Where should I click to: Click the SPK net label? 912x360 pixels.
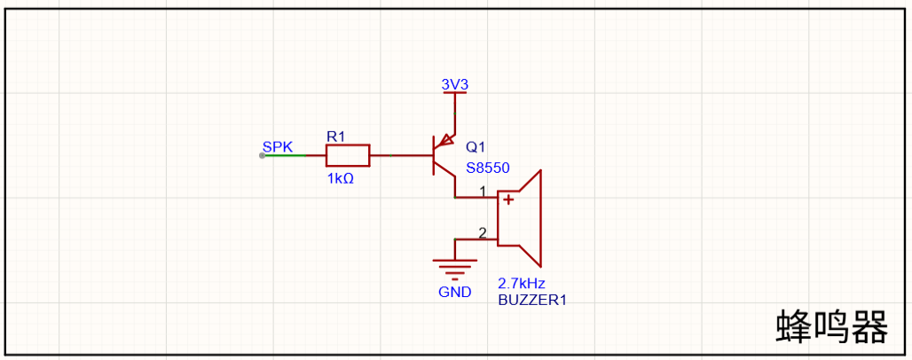click(278, 146)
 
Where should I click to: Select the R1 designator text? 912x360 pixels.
click(335, 137)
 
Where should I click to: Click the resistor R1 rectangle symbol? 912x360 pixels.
click(347, 155)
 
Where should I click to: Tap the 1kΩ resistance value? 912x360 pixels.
click(341, 178)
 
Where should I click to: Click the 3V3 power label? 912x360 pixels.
click(455, 84)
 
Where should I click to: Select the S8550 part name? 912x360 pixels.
click(487, 168)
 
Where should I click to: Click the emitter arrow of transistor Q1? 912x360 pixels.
click(446, 140)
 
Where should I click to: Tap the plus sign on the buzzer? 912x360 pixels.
click(508, 200)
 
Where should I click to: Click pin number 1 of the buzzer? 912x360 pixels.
click(483, 191)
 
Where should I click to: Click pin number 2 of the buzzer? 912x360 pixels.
click(483, 233)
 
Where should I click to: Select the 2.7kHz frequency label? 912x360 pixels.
click(521, 284)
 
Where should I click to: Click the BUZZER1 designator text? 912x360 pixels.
click(532, 300)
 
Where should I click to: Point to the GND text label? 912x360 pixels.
click(455, 292)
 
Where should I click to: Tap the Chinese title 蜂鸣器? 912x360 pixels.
click(832, 327)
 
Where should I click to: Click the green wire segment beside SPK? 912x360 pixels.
click(283, 155)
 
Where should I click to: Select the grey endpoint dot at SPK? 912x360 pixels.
click(263, 155)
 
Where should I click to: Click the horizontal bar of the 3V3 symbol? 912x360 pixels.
click(455, 92)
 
